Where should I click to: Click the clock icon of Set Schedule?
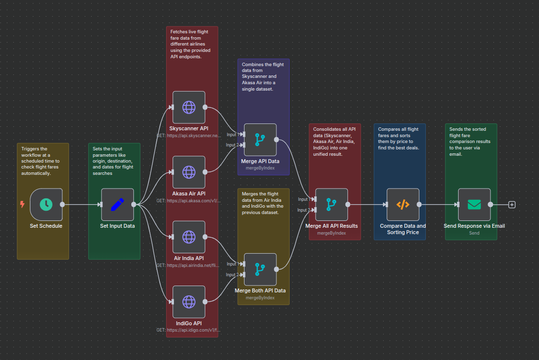coord(46,205)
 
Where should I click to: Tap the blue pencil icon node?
coord(118,205)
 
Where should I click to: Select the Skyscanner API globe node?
coord(189,107)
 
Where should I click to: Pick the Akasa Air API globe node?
coord(189,172)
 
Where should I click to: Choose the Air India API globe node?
coord(189,237)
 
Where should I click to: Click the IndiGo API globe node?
coord(189,302)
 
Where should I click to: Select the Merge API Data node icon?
coord(260,140)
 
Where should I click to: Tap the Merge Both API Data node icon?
coord(260,269)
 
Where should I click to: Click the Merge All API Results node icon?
coord(332,205)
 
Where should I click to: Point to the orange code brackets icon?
coord(403,205)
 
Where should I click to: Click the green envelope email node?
coord(474,205)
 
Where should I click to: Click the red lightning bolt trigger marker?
coord(22,204)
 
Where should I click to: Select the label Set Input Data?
coord(118,226)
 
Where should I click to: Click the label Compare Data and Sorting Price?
coord(403,229)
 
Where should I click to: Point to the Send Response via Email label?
coord(474,226)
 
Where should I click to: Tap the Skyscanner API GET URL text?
coord(189,136)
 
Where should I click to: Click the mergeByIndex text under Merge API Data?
coord(260,168)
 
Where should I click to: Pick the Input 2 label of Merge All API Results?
coord(303,210)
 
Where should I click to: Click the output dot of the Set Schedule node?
coord(62,205)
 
